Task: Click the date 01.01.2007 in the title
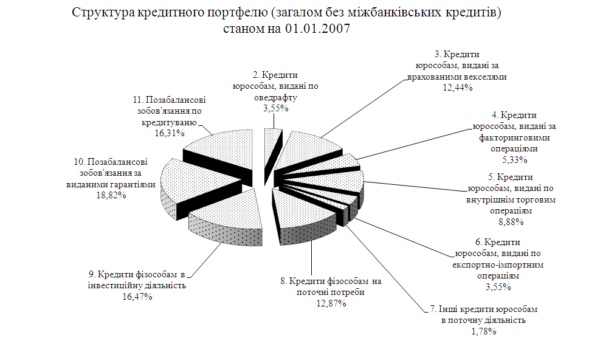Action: (317, 30)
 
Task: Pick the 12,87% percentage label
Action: (330, 303)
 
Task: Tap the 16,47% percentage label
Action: (135, 297)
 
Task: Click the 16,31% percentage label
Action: (169, 132)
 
